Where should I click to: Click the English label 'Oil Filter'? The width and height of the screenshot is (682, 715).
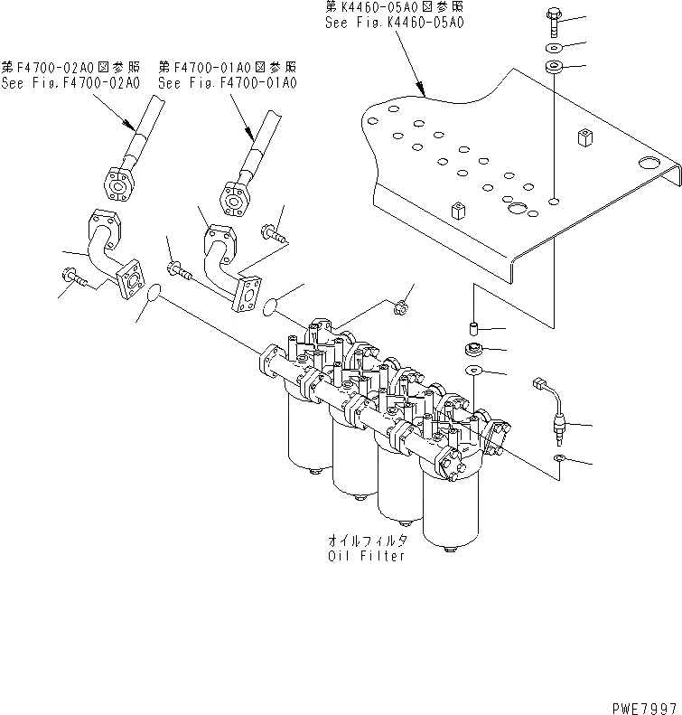coord(367,556)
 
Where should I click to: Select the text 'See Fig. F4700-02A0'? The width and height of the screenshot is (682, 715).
coord(70,83)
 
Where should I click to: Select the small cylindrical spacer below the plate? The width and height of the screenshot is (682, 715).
coord(472,327)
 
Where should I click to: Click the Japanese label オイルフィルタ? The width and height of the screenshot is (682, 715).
coord(367,541)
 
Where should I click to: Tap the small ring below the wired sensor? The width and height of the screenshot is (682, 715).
coord(559,462)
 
